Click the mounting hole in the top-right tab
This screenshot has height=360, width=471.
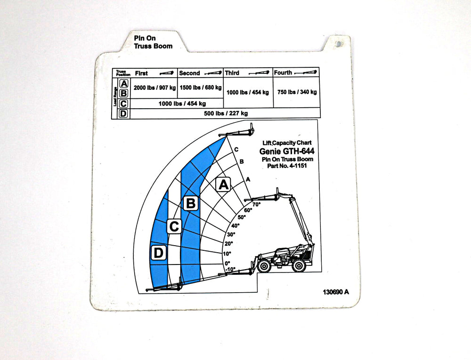[x=339, y=44]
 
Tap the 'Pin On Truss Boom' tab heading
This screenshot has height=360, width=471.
[x=153, y=42]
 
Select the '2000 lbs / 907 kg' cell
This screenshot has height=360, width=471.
[x=154, y=88]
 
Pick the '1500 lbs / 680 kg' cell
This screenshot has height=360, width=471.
[x=200, y=88]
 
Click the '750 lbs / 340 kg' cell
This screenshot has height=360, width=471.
[x=296, y=92]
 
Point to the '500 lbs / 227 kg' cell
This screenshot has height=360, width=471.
[x=226, y=113]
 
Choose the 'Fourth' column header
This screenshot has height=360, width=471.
[x=283, y=73]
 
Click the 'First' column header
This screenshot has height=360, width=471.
[x=141, y=73]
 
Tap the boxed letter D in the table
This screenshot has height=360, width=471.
[x=123, y=113]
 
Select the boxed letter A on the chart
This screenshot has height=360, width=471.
[x=223, y=184]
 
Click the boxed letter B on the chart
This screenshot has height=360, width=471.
[x=191, y=204]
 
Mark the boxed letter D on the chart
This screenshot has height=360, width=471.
[x=158, y=253]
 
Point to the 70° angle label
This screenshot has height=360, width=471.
[x=257, y=205]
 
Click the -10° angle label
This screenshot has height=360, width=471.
[x=230, y=270]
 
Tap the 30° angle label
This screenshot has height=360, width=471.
[x=231, y=234]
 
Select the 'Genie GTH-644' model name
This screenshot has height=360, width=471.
[x=287, y=152]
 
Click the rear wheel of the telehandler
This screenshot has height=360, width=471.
[x=299, y=266]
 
